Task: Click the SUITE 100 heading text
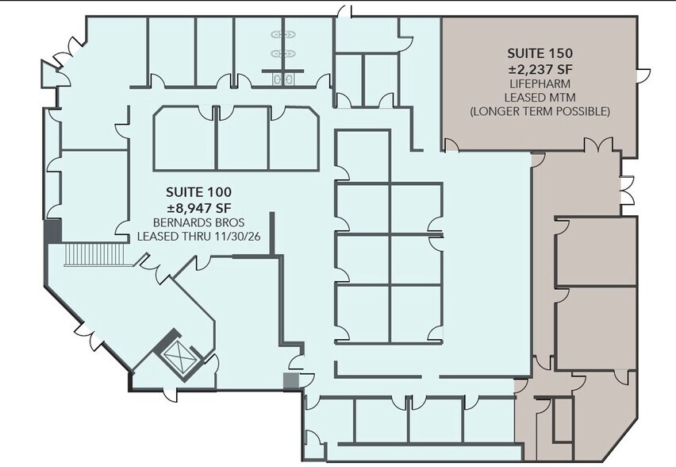[198, 191]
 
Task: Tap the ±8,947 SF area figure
[198, 207]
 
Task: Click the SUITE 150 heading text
[540, 53]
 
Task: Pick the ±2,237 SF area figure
[540, 68]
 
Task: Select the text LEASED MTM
[540, 97]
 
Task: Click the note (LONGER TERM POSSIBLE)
[540, 111]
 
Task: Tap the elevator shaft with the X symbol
[180, 360]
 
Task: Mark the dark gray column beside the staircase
[53, 233]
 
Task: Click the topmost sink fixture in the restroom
[282, 35]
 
